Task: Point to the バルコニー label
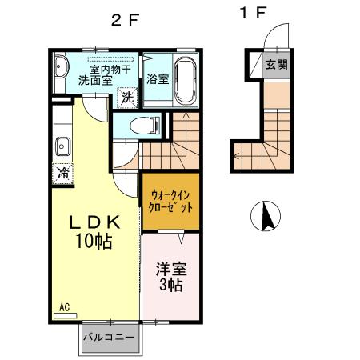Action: [x=109, y=338]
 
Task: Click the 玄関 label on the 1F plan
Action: [x=277, y=65]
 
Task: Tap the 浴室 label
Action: [x=158, y=78]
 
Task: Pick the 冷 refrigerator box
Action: [x=62, y=171]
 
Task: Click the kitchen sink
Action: [x=62, y=146]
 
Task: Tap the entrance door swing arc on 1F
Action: [x=275, y=36]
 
